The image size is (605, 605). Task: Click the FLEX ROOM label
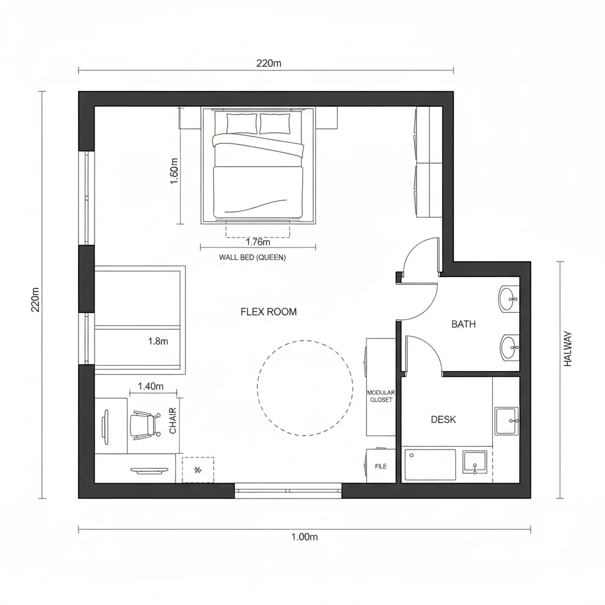[269, 312]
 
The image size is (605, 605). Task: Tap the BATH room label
[463, 324]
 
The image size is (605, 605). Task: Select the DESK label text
[443, 419]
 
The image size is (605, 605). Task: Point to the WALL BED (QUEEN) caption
[252, 257]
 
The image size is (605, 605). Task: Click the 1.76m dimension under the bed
[258, 242]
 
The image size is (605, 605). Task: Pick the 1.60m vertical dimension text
[174, 171]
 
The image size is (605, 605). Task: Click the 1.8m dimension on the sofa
[158, 341]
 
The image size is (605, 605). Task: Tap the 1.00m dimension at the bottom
[305, 536]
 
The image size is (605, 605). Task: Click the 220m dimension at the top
[268, 63]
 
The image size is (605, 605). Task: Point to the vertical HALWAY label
[568, 349]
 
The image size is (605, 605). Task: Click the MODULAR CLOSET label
[380, 396]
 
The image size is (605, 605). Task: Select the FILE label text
[381, 466]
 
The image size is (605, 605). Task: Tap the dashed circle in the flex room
[305, 388]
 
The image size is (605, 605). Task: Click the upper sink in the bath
[508, 300]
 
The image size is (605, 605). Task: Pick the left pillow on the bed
[242, 123]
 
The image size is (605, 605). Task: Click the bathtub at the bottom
[430, 464]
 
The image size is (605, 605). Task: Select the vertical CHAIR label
[173, 421]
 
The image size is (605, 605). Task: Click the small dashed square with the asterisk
[198, 470]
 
